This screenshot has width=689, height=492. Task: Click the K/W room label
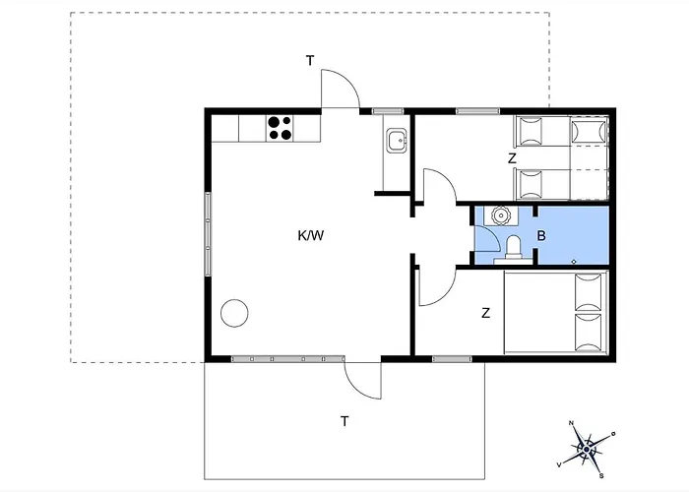click(311, 236)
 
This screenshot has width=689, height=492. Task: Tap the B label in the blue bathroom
click(541, 236)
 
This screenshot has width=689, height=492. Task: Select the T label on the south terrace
click(344, 421)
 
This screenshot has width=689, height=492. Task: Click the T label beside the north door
click(310, 61)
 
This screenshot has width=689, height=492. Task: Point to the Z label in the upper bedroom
click(512, 158)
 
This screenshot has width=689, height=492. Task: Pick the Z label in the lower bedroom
click(485, 313)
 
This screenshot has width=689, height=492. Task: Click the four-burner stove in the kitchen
click(280, 128)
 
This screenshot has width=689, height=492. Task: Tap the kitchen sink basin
click(397, 141)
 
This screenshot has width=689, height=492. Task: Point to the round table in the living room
click(234, 313)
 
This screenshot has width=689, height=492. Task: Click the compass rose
click(587, 450)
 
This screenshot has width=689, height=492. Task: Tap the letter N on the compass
click(571, 423)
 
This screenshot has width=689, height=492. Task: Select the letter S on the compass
click(601, 475)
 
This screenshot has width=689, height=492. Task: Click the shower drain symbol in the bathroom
click(574, 262)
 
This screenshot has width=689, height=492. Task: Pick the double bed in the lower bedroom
click(556, 312)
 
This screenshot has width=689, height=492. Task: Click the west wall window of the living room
click(208, 234)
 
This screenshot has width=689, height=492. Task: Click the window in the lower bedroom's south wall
click(452, 359)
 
